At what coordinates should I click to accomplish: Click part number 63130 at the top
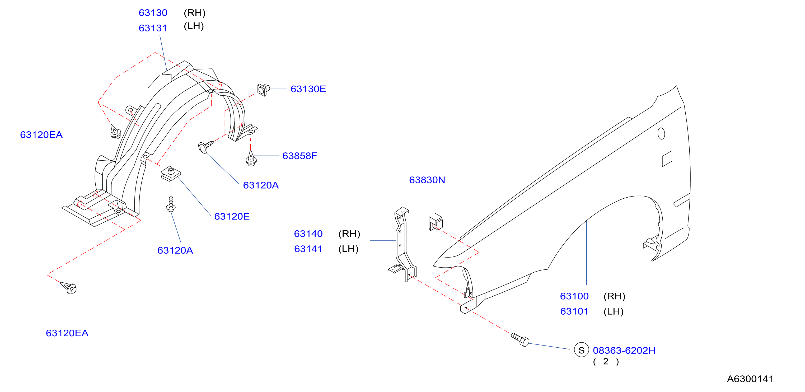coord(153,13)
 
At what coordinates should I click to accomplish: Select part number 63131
coord(153,28)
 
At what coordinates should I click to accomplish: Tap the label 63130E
coord(308,89)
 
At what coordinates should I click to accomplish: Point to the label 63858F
coord(300,156)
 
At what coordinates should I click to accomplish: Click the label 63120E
coord(232,217)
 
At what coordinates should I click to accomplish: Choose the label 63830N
coord(427,180)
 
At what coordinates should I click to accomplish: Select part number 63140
coord(308,234)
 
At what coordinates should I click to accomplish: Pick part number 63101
coord(574,312)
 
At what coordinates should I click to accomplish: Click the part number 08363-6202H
coord(624,351)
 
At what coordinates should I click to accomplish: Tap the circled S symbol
coord(581,350)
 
